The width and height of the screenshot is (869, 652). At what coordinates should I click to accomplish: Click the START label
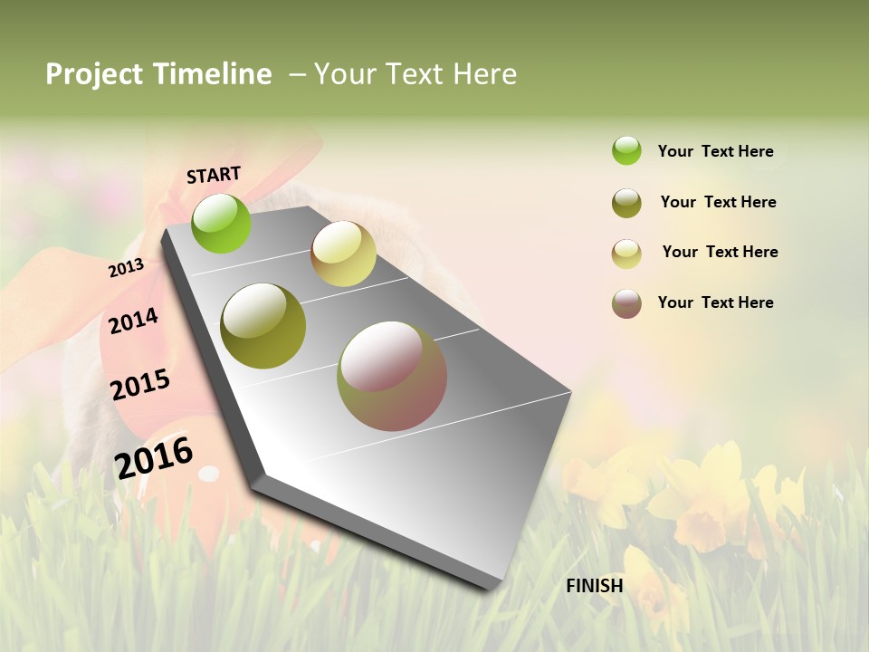(214, 175)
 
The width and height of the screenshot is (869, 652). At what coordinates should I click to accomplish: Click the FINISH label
(594, 586)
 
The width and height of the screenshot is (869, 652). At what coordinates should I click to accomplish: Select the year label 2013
(126, 268)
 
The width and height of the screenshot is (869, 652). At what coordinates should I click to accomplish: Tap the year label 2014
(133, 321)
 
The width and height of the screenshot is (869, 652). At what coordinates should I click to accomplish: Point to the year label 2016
(154, 457)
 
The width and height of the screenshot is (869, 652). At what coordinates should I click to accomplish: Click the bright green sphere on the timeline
(221, 223)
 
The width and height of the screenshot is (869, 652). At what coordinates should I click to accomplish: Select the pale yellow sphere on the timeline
(343, 254)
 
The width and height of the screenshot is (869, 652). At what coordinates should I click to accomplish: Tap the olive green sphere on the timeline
(263, 326)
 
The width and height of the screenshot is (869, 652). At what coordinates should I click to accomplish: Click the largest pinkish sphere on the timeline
(392, 376)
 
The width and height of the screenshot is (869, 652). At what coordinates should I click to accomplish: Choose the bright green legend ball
(626, 150)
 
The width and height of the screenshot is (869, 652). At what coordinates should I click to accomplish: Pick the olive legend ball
(626, 203)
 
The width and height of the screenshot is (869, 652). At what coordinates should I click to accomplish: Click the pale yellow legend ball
(626, 254)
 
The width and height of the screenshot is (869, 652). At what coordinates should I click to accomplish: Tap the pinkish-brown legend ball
(626, 303)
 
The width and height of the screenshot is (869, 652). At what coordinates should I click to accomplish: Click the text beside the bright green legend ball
(715, 151)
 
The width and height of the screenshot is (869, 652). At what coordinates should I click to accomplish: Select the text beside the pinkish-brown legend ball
(715, 302)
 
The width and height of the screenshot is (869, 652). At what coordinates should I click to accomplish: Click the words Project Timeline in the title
(158, 74)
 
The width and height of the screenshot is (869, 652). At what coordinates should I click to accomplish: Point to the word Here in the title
(484, 74)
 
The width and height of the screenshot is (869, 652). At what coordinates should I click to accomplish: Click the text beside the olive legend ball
(718, 202)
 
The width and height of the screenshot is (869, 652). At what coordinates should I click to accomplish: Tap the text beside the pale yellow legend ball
(720, 252)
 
